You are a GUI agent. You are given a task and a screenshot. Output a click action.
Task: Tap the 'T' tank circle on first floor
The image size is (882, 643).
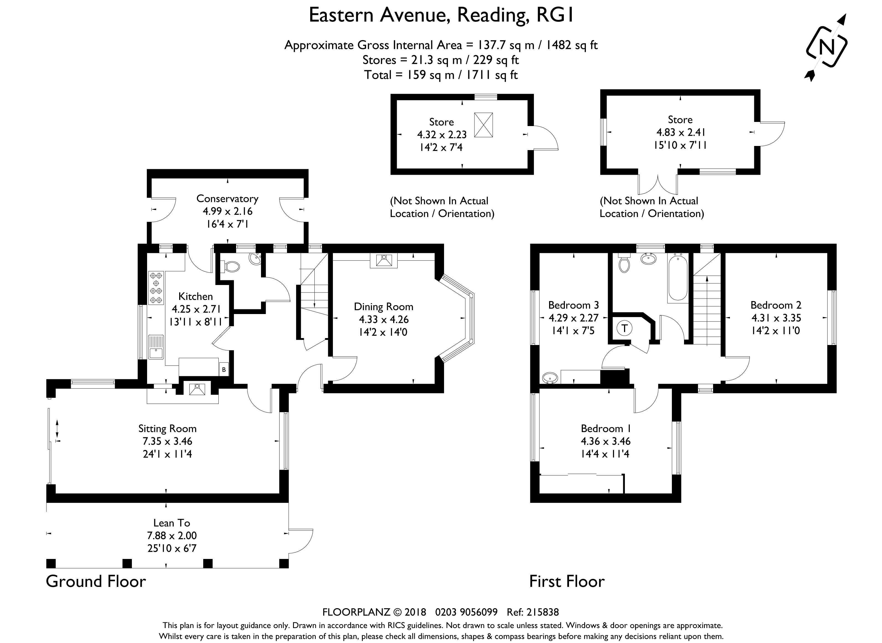point(625,328)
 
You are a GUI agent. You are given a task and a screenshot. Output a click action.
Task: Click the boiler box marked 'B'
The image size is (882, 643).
point(224,369)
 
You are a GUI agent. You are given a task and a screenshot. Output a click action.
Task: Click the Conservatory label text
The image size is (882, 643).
point(227,199)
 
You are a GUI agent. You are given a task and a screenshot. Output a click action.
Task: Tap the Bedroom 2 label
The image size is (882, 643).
point(776,305)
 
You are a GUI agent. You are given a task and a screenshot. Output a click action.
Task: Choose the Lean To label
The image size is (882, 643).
point(172,523)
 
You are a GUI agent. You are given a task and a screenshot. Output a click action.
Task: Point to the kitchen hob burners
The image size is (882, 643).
point(156,288)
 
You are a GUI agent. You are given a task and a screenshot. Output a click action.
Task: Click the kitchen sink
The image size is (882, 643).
point(156,347)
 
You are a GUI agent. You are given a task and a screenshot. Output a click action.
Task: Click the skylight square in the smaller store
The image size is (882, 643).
point(483,125)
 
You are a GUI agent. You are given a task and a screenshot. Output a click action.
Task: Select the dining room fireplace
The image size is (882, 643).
point(384,260)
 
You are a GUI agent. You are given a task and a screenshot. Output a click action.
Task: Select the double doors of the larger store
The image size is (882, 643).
point(658,185)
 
